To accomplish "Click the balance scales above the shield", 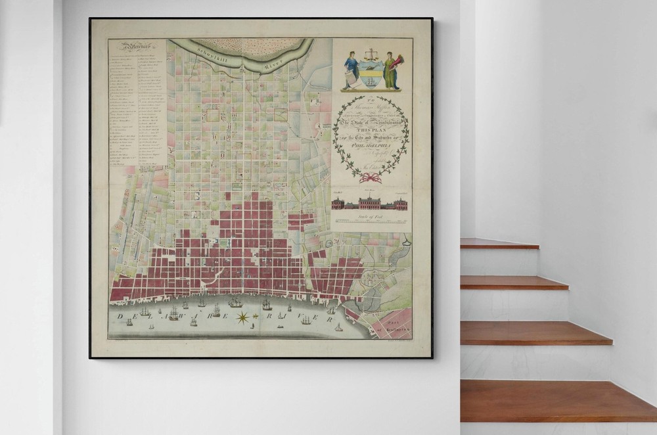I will click(372, 54).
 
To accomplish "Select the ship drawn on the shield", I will click(372, 81).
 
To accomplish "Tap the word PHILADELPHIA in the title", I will click(370, 147).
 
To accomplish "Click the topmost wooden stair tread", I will click(499, 243).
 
